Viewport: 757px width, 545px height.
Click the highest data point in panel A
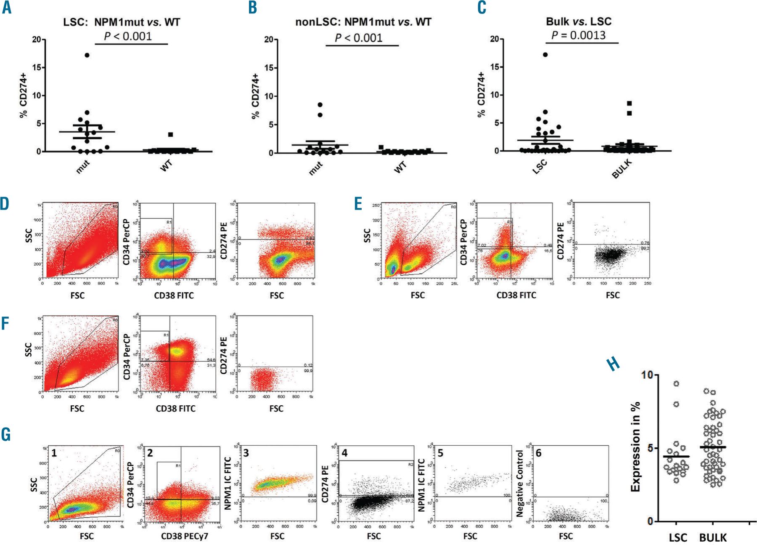pos(87,55)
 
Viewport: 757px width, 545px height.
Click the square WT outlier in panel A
pos(170,135)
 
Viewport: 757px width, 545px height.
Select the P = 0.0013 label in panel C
pos(578,35)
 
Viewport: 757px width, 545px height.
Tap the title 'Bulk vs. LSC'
pos(578,21)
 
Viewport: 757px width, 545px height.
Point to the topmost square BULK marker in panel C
pos(629,103)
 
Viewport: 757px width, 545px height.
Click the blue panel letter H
pos(614,364)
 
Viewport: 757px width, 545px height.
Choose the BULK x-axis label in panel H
pos(713,537)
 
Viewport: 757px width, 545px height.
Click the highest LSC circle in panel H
pos(676,384)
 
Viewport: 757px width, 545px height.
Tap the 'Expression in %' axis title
pos(635,447)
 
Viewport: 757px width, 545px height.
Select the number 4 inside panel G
pos(344,453)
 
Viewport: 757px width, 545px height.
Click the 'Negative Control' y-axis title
pos(520,484)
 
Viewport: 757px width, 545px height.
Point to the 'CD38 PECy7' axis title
pos(184,536)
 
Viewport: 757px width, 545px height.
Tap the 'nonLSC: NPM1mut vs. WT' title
pos(363,22)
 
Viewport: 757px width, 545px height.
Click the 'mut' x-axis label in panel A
pos(82,167)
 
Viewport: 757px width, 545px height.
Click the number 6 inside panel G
pos(539,453)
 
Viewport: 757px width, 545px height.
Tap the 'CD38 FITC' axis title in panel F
pos(175,408)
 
